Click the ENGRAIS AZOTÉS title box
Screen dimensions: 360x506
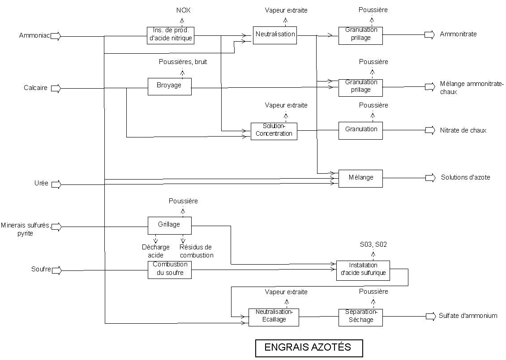pyautogui.click(x=309, y=347)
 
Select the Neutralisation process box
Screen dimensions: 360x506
pyautogui.click(x=275, y=34)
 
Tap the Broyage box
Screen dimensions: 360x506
pyautogui.click(x=169, y=86)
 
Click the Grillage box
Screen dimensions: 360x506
pyautogui.click(x=169, y=225)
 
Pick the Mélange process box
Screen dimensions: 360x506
pyautogui.click(x=360, y=178)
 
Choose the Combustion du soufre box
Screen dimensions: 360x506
pyautogui.click(x=169, y=270)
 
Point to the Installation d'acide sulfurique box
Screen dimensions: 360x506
pyautogui.click(x=363, y=270)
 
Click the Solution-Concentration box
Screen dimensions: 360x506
pyautogui.click(x=273, y=131)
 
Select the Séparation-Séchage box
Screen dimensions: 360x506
pyautogui.click(x=361, y=317)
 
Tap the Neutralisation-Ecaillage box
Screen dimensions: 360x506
pyautogui.click(x=273, y=317)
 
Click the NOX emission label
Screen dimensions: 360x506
pyautogui.click(x=183, y=10)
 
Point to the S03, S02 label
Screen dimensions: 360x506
pyautogui.click(x=373, y=244)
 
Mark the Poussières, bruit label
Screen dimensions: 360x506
pyautogui.click(x=183, y=62)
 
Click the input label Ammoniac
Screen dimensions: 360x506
pyautogui.click(x=34, y=35)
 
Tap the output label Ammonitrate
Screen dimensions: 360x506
pyautogui.click(x=458, y=34)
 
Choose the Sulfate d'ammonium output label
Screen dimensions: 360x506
pyautogui.click(x=468, y=316)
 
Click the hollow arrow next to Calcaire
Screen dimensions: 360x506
pyautogui.click(x=56, y=88)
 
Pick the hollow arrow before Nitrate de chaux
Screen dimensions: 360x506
pyautogui.click(x=430, y=130)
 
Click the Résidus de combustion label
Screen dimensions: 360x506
pyautogui.click(x=196, y=251)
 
